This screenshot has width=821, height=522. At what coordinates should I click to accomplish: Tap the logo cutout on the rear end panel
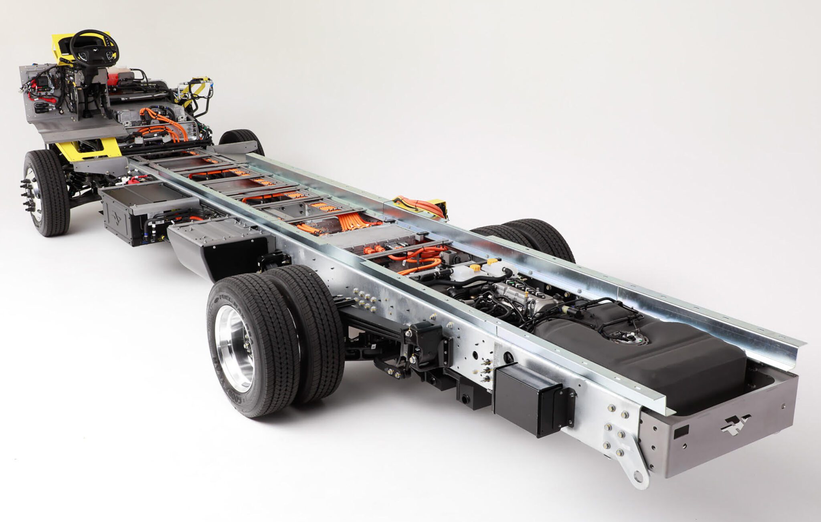(735, 425)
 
